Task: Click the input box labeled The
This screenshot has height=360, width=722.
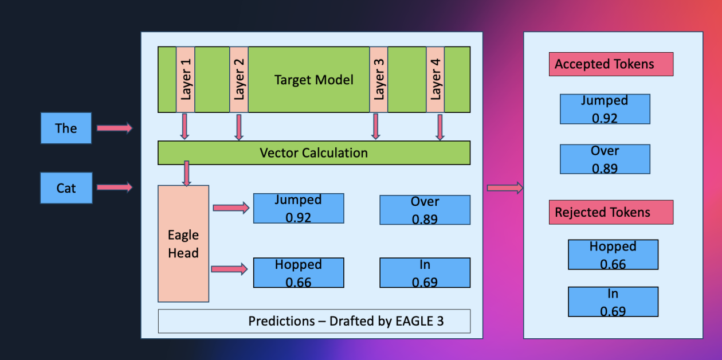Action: (66, 128)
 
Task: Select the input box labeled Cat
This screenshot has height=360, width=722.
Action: (66, 188)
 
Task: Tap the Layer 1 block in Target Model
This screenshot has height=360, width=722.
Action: (186, 79)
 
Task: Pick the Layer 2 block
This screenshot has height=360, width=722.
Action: (239, 79)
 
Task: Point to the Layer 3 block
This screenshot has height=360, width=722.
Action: (378, 79)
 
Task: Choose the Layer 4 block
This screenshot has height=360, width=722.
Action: (435, 79)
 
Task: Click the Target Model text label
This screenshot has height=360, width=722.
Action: (313, 80)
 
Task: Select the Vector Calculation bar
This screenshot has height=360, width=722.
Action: (313, 153)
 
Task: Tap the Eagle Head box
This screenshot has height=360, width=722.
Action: (183, 244)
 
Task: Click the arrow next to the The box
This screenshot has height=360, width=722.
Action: (114, 128)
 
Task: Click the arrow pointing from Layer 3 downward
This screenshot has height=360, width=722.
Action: (375, 126)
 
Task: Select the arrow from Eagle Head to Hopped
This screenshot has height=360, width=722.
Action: (230, 268)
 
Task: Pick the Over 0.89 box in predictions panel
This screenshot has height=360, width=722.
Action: (425, 210)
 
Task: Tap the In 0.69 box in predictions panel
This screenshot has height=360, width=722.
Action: (425, 273)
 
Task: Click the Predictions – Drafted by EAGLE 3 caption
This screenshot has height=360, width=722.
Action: (314, 321)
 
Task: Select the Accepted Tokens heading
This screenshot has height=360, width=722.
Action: (611, 64)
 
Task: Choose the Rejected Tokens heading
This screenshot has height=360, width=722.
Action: (611, 212)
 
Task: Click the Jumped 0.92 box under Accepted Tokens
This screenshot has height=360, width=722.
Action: (605, 109)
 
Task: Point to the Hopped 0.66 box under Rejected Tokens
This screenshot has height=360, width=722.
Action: (613, 255)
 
